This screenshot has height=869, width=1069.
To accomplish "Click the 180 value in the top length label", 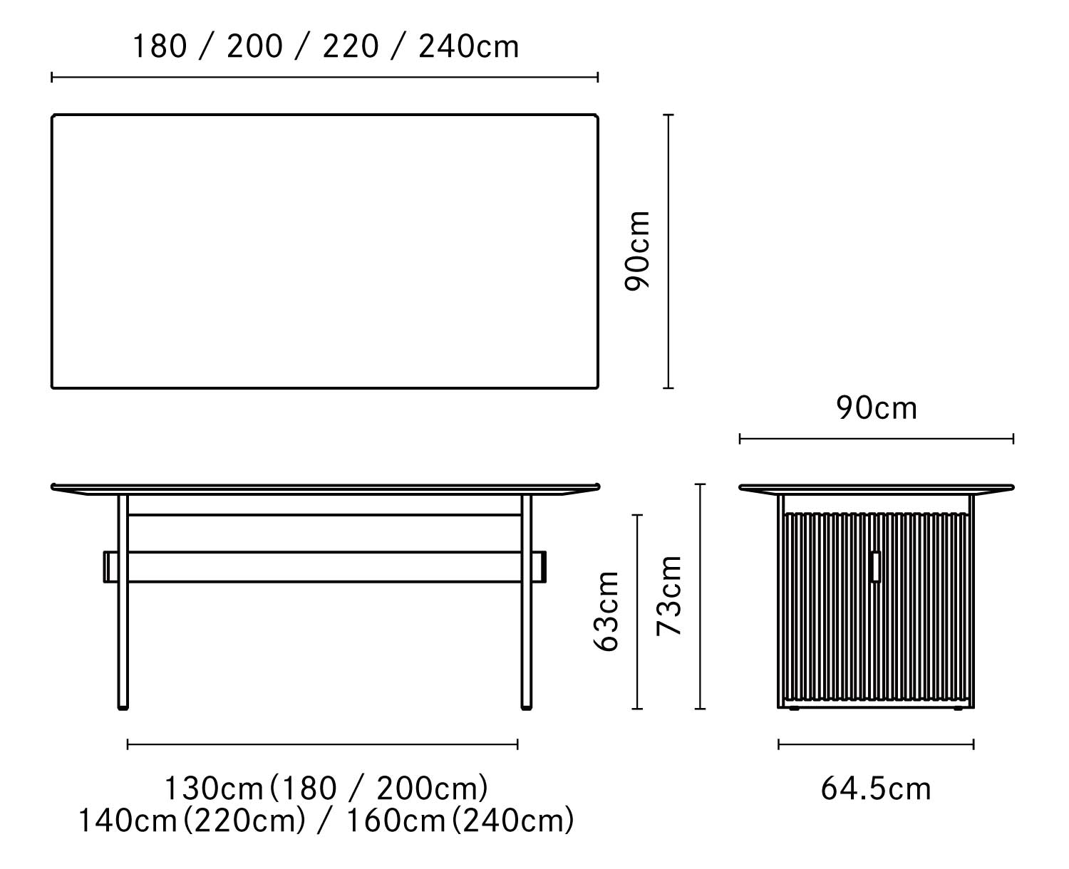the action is pos(160,46).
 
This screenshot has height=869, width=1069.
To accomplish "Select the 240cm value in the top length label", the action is pos(468,46).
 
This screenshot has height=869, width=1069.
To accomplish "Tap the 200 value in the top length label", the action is pos(255,46).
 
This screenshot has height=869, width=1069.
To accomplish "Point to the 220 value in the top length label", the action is pos(351,46).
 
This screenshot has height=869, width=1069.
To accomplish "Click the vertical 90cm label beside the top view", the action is pos(637,251).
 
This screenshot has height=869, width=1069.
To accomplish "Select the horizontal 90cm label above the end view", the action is pos(877,408).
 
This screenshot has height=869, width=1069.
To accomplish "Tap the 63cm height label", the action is pos(606,611).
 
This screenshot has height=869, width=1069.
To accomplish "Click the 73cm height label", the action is pos(669,595).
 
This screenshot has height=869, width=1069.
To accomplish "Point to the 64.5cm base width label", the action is pos(876,789).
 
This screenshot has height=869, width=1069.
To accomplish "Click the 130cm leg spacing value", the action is pos(214,789).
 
